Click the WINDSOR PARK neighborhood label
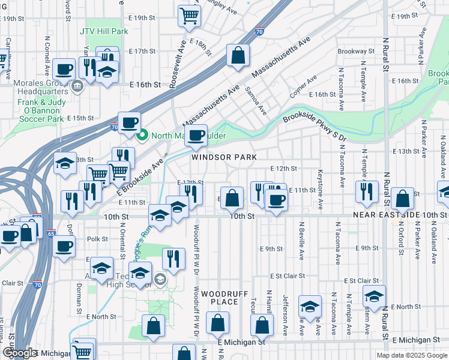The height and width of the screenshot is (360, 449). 224,157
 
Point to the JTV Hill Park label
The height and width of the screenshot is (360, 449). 104,31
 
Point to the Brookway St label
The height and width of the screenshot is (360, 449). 356,52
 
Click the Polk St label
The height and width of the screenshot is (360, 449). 97,239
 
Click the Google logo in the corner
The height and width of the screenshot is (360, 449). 20,353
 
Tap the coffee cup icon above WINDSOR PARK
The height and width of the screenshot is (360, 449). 196,136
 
